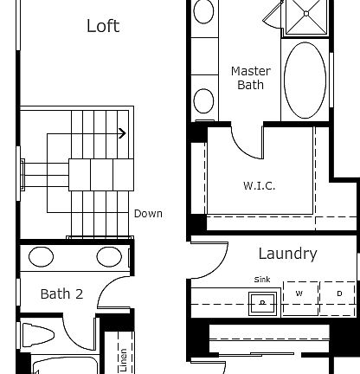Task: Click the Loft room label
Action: (x=103, y=26)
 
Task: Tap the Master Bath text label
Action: (x=250, y=78)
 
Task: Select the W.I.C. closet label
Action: (x=259, y=186)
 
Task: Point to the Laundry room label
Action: (x=287, y=254)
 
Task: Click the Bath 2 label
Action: (x=61, y=294)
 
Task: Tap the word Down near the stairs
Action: (x=148, y=214)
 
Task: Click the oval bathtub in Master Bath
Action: (x=306, y=80)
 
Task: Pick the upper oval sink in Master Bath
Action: (x=203, y=12)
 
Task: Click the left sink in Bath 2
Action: (x=40, y=257)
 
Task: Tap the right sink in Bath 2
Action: (x=108, y=257)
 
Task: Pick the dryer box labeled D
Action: (x=339, y=293)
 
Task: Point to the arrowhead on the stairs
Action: (x=122, y=133)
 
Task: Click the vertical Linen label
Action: (x=124, y=359)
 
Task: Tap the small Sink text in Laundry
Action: (x=261, y=280)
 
